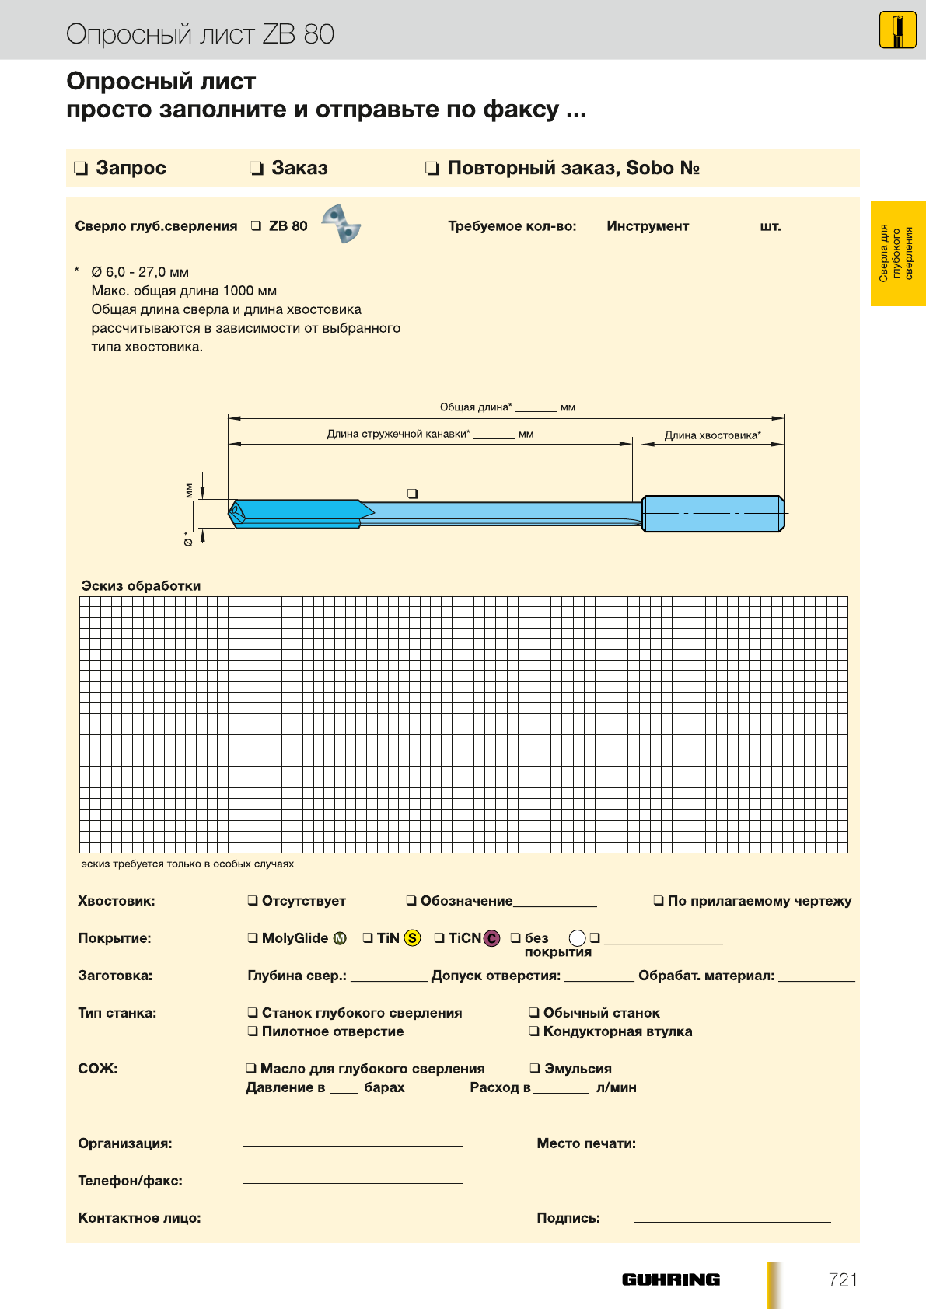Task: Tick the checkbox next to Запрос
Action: [81, 169]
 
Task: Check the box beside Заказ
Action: [257, 169]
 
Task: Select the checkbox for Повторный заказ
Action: [432, 169]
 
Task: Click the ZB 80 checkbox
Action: [256, 226]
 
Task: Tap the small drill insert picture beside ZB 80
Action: [341, 224]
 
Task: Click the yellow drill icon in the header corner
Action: [897, 31]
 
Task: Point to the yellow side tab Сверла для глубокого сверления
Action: [897, 253]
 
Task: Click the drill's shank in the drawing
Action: [712, 514]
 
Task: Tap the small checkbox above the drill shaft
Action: [412, 494]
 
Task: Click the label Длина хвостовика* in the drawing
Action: [712, 435]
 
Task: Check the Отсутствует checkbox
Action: [253, 901]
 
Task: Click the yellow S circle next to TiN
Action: [412, 938]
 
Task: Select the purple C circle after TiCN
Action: [491, 938]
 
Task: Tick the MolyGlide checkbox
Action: [253, 938]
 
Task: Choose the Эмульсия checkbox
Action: [535, 1069]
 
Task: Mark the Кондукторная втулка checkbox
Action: [534, 1031]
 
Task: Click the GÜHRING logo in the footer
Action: [670, 1279]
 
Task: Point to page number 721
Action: [843, 1279]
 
